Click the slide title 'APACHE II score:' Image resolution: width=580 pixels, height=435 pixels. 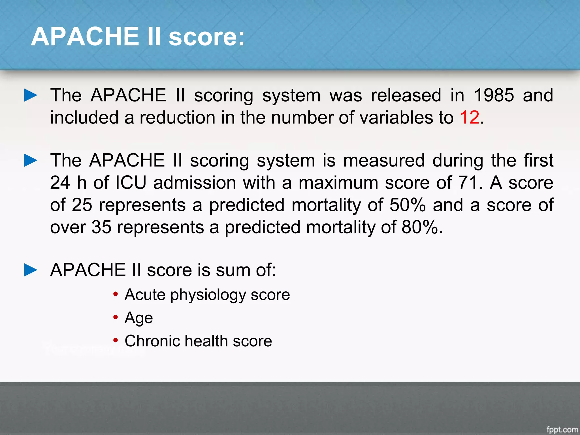[138, 37]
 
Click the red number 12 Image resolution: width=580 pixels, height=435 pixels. [470, 117]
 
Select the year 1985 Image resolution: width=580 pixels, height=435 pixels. [494, 95]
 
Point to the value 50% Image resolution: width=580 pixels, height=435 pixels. [408, 205]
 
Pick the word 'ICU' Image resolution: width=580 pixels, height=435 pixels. [131, 183]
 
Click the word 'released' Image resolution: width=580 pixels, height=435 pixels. [406, 95]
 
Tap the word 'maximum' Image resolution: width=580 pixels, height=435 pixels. [338, 183]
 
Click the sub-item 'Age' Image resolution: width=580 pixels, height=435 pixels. [139, 318]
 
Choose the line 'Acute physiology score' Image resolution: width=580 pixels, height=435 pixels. [207, 295]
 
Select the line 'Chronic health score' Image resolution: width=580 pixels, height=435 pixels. [198, 341]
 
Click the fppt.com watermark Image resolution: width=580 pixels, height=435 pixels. [562, 430]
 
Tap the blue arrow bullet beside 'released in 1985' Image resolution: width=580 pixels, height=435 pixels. [31, 95]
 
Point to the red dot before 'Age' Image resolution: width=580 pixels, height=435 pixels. [115, 317]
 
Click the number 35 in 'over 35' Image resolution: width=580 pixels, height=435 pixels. [101, 227]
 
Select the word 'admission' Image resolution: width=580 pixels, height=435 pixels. [195, 183]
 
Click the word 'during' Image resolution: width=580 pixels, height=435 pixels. [458, 161]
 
